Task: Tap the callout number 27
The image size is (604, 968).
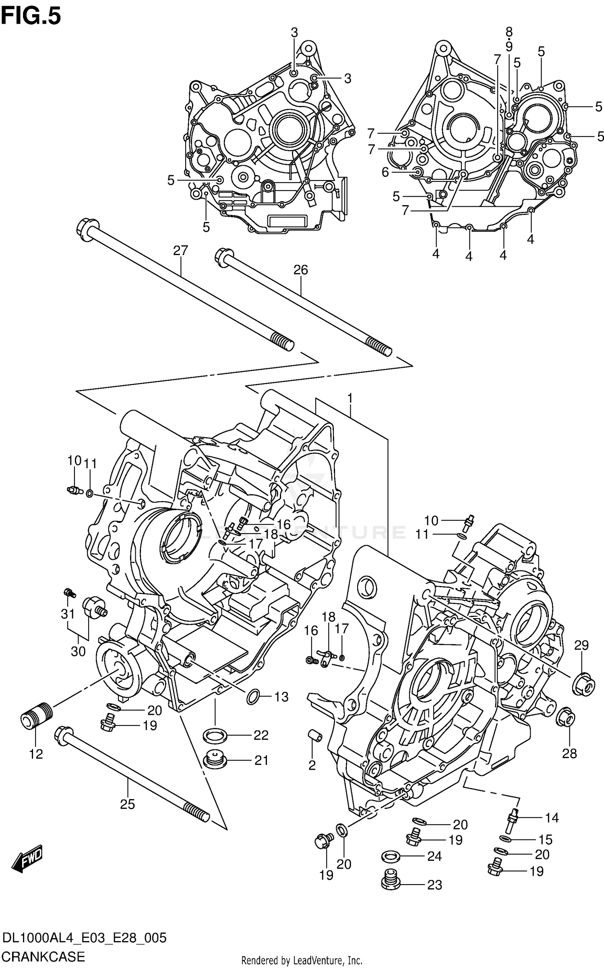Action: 180,251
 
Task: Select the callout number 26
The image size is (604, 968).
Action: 300,270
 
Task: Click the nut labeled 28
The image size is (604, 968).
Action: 567,718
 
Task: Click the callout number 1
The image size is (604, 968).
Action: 350,399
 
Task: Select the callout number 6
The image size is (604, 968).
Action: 385,172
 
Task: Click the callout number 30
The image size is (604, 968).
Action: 78,651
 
